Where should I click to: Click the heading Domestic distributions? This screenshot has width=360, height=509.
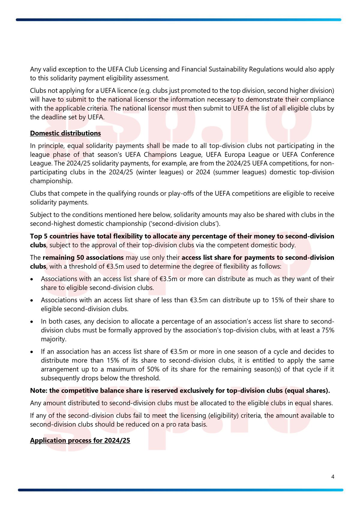(65, 133)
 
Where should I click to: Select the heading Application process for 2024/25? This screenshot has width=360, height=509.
(80, 440)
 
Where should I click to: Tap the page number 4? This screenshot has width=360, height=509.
(333, 477)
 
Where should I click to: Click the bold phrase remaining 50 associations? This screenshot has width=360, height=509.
(83, 258)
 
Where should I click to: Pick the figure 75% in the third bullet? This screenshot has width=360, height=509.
(328, 330)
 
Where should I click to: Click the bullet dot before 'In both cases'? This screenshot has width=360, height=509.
(32, 322)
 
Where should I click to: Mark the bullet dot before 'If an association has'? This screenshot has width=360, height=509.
(32, 352)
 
